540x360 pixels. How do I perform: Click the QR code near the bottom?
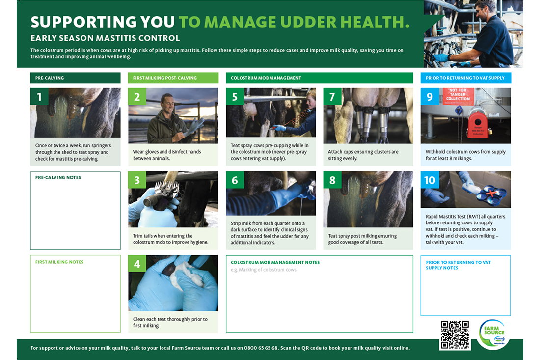pyautogui.click(x=455, y=335)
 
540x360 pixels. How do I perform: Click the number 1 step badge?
pyautogui.click(x=39, y=97)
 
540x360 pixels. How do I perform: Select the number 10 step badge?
pyautogui.click(x=430, y=180)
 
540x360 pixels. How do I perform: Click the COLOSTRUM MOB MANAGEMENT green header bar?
pyautogui.click(x=319, y=78)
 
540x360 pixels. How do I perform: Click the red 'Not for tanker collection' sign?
pyautogui.click(x=458, y=96)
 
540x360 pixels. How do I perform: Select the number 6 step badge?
pyautogui.click(x=235, y=180)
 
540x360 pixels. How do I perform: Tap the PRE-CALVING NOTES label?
pyautogui.click(x=58, y=178)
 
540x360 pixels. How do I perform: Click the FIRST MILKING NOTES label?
pyautogui.click(x=59, y=262)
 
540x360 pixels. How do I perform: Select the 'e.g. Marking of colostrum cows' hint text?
pyautogui.click(x=264, y=270)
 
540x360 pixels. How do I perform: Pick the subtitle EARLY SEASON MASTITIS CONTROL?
pyautogui.click(x=105, y=38)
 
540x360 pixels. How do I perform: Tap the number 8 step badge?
pyautogui.click(x=332, y=180)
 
